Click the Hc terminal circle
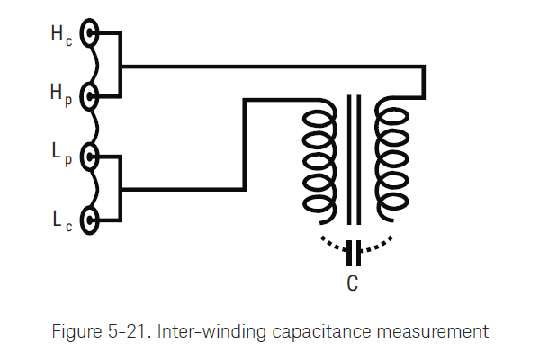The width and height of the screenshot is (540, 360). [x=90, y=34]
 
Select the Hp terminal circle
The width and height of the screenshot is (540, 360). [x=90, y=95]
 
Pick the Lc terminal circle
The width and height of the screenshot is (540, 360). [x=90, y=218]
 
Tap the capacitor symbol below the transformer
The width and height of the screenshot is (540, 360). [x=354, y=250]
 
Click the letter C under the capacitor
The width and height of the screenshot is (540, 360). [x=354, y=284]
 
